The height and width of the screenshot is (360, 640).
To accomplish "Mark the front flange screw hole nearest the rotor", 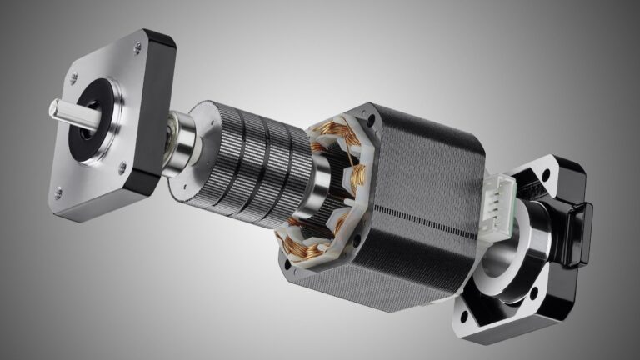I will [122, 168].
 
